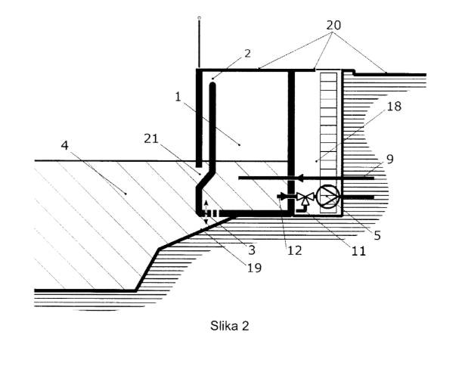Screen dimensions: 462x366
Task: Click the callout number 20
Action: click(x=333, y=26)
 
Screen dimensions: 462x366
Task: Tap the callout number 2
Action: click(x=247, y=54)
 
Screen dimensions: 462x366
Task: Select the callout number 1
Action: click(x=178, y=97)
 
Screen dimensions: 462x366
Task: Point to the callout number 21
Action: click(x=151, y=138)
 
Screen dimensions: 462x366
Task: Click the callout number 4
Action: click(x=65, y=145)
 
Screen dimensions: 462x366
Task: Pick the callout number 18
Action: click(x=394, y=107)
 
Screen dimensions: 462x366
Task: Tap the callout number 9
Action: click(x=390, y=159)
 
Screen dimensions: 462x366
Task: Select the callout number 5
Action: click(x=377, y=235)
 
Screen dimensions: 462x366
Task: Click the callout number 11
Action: click(x=358, y=251)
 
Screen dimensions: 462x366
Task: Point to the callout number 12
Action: click(x=295, y=250)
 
